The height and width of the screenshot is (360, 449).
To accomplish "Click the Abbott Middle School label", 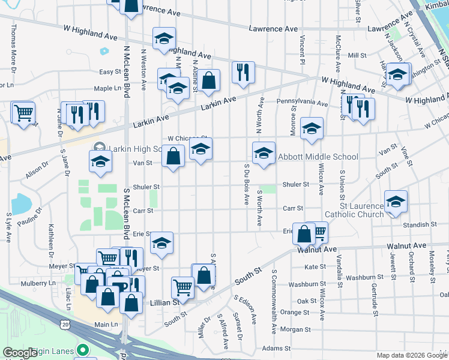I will coord(318,157).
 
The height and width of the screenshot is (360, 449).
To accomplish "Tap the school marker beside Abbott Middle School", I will coord(264,154).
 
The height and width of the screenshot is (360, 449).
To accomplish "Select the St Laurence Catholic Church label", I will coord(354,210).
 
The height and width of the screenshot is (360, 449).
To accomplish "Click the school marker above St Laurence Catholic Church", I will coord(396,202).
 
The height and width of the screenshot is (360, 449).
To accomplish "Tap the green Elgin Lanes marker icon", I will coord(83,350).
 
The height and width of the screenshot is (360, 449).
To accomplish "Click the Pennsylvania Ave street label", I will coord(302,103).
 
